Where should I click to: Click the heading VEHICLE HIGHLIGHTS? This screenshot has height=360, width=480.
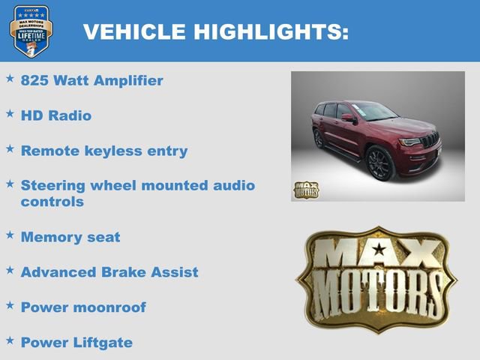[x=216, y=31]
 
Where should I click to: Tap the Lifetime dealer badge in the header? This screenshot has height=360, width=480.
[x=31, y=31]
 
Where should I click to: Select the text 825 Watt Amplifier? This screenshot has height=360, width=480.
[x=91, y=80]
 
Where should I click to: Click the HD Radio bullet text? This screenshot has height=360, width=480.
[x=56, y=115]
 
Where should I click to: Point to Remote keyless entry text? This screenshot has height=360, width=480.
[x=104, y=151]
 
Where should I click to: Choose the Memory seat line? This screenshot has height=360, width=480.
[x=70, y=237]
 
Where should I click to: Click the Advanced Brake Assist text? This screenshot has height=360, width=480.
[x=109, y=272]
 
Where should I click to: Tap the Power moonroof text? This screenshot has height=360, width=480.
[x=83, y=307]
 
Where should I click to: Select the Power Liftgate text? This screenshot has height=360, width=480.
[x=76, y=343]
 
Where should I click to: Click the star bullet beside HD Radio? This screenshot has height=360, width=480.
[x=10, y=113]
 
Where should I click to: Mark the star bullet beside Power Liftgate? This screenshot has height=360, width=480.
[x=10, y=340]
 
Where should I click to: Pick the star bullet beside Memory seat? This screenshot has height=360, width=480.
[x=10, y=235]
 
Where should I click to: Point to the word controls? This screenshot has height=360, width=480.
[x=52, y=202]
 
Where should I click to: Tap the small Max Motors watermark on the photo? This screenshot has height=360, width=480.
[x=305, y=190]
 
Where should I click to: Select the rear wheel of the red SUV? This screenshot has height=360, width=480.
[x=319, y=139]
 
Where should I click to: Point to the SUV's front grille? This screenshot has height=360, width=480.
[x=429, y=140]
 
